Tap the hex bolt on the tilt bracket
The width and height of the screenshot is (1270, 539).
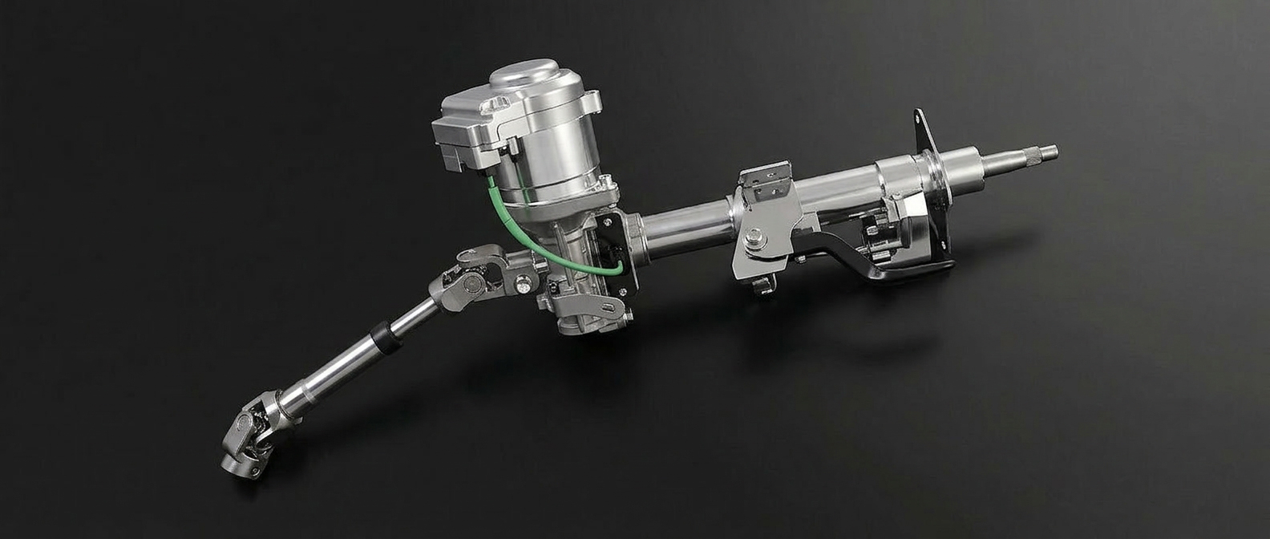754,237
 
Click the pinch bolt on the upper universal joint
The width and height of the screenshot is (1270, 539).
523,282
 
